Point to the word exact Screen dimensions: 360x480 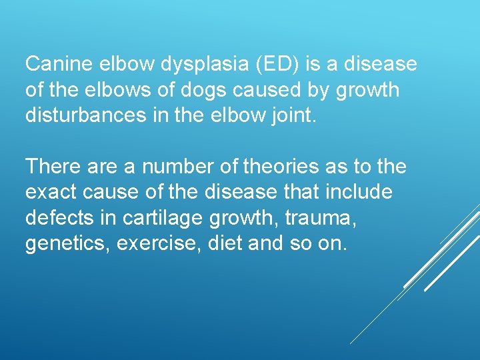51,192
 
